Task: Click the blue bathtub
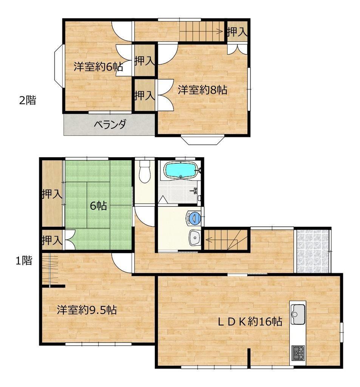pos(181,170)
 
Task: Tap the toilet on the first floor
pos(145,171)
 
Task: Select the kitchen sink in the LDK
pos(298,314)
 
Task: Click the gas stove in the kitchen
pos(298,353)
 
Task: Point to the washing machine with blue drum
pos(194,218)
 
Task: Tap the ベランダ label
pos(110,124)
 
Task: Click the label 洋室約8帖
pos(202,90)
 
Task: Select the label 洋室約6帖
pos(98,67)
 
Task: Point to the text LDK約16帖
pos(250,321)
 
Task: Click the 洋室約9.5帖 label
pos(87,310)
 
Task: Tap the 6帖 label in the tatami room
pos(98,206)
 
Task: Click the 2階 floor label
pos(28,100)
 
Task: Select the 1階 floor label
pos(24,261)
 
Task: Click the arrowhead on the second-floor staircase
pos(219,31)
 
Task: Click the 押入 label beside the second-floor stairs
pos(237,32)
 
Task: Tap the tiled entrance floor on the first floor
pos(313,251)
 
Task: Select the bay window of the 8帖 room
pos(202,140)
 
